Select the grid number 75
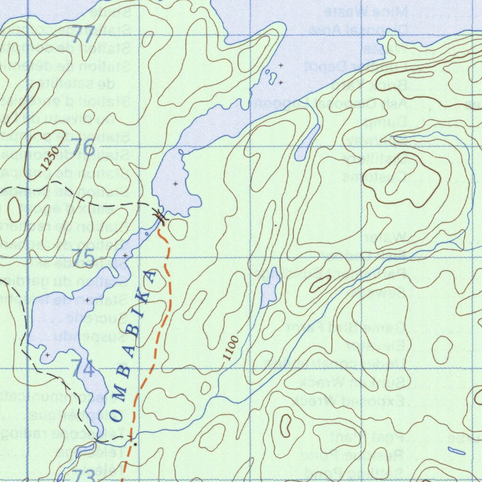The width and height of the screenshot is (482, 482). pos(83,258)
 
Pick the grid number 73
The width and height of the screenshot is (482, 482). pos(84,474)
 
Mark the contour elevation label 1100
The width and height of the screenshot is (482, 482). pos(231,349)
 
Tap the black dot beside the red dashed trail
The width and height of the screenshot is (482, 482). pos(135,444)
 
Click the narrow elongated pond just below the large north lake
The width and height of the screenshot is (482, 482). pos(307,143)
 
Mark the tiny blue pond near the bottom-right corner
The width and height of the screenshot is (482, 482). pos(456,450)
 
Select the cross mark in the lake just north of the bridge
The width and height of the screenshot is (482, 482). pos(176,184)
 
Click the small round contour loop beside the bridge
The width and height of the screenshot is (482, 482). pos(178,228)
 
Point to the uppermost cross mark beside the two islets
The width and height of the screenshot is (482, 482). pos(281,65)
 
